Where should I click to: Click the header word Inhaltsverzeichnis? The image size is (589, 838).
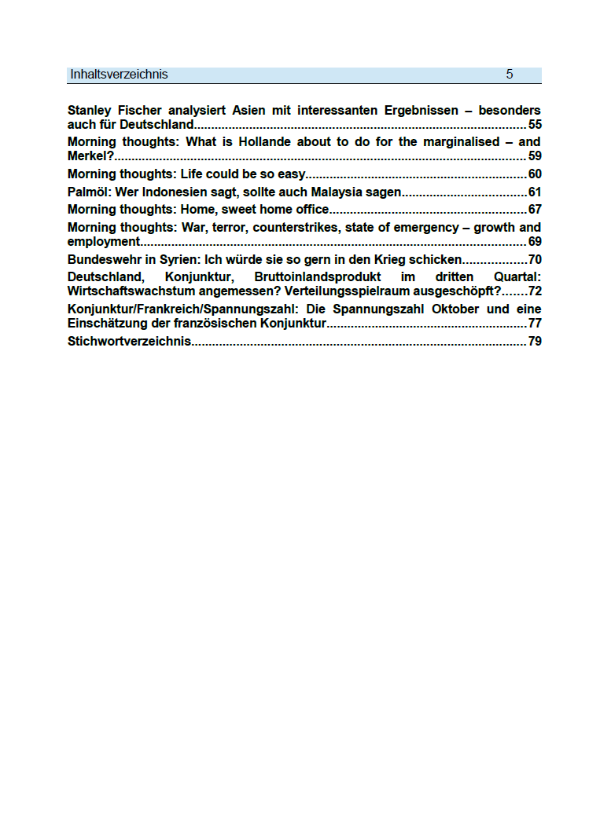click(119, 75)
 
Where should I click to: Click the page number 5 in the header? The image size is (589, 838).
click(510, 75)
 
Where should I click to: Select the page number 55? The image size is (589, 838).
click(535, 124)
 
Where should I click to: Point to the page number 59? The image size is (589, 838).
click(535, 156)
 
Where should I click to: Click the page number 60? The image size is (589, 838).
click(535, 174)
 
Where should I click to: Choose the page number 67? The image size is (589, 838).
click(535, 209)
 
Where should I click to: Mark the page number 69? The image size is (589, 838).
click(535, 241)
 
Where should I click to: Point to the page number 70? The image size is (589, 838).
click(535, 259)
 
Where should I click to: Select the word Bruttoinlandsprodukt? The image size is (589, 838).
click(318, 277)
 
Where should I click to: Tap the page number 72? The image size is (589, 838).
click(535, 291)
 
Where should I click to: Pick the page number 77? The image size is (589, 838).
click(535, 323)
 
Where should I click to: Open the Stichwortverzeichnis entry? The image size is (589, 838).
click(130, 341)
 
